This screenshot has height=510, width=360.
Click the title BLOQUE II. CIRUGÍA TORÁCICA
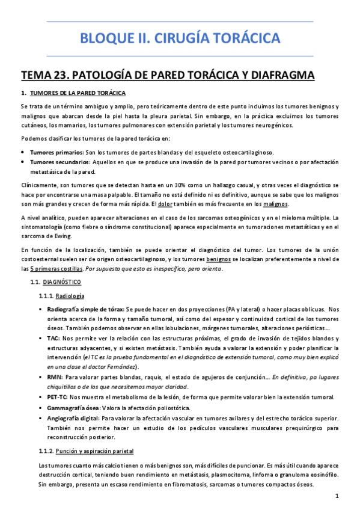point(180,40)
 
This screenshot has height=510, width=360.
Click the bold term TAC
point(52,339)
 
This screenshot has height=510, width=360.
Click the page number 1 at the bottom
point(338,497)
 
